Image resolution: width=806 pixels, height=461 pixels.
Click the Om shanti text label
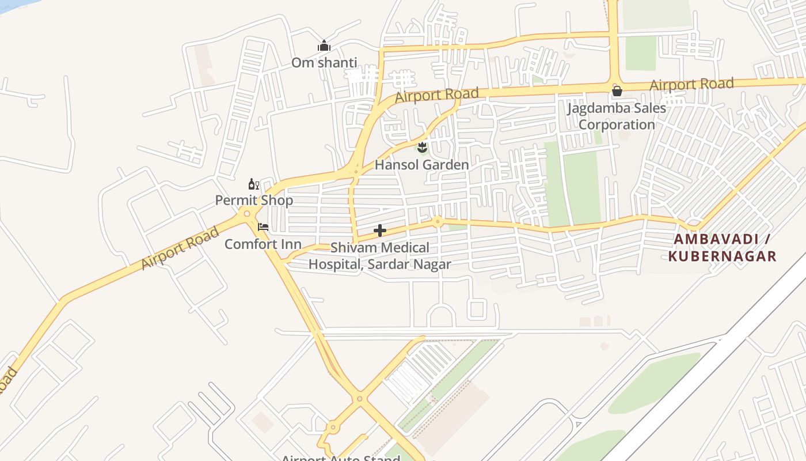click(324, 62)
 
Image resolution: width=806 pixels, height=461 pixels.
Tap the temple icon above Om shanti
click(324, 46)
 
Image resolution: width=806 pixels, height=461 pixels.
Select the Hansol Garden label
click(421, 165)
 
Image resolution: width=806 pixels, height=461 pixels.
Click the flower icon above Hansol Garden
click(422, 147)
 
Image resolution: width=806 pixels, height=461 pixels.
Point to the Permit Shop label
click(254, 201)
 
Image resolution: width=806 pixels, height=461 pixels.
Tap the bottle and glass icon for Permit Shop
click(253, 184)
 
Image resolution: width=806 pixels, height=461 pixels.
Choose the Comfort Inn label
click(263, 244)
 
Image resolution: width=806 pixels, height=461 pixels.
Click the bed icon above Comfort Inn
click(263, 227)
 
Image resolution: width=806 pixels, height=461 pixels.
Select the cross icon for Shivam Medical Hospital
click(380, 231)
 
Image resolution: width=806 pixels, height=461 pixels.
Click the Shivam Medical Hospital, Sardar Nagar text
click(380, 256)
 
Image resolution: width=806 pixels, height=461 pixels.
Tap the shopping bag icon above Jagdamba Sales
click(617, 91)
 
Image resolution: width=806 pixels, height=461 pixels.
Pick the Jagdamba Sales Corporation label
click(617, 116)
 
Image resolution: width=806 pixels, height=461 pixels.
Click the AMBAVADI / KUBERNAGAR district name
click(722, 247)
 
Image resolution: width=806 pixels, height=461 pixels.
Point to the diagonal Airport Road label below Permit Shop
click(180, 248)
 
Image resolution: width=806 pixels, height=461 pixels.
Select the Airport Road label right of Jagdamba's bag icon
click(691, 84)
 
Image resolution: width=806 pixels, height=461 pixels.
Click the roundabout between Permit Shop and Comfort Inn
click(247, 214)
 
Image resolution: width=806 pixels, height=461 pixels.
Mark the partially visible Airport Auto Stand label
click(340, 458)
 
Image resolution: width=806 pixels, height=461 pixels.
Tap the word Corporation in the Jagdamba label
click(617, 124)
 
